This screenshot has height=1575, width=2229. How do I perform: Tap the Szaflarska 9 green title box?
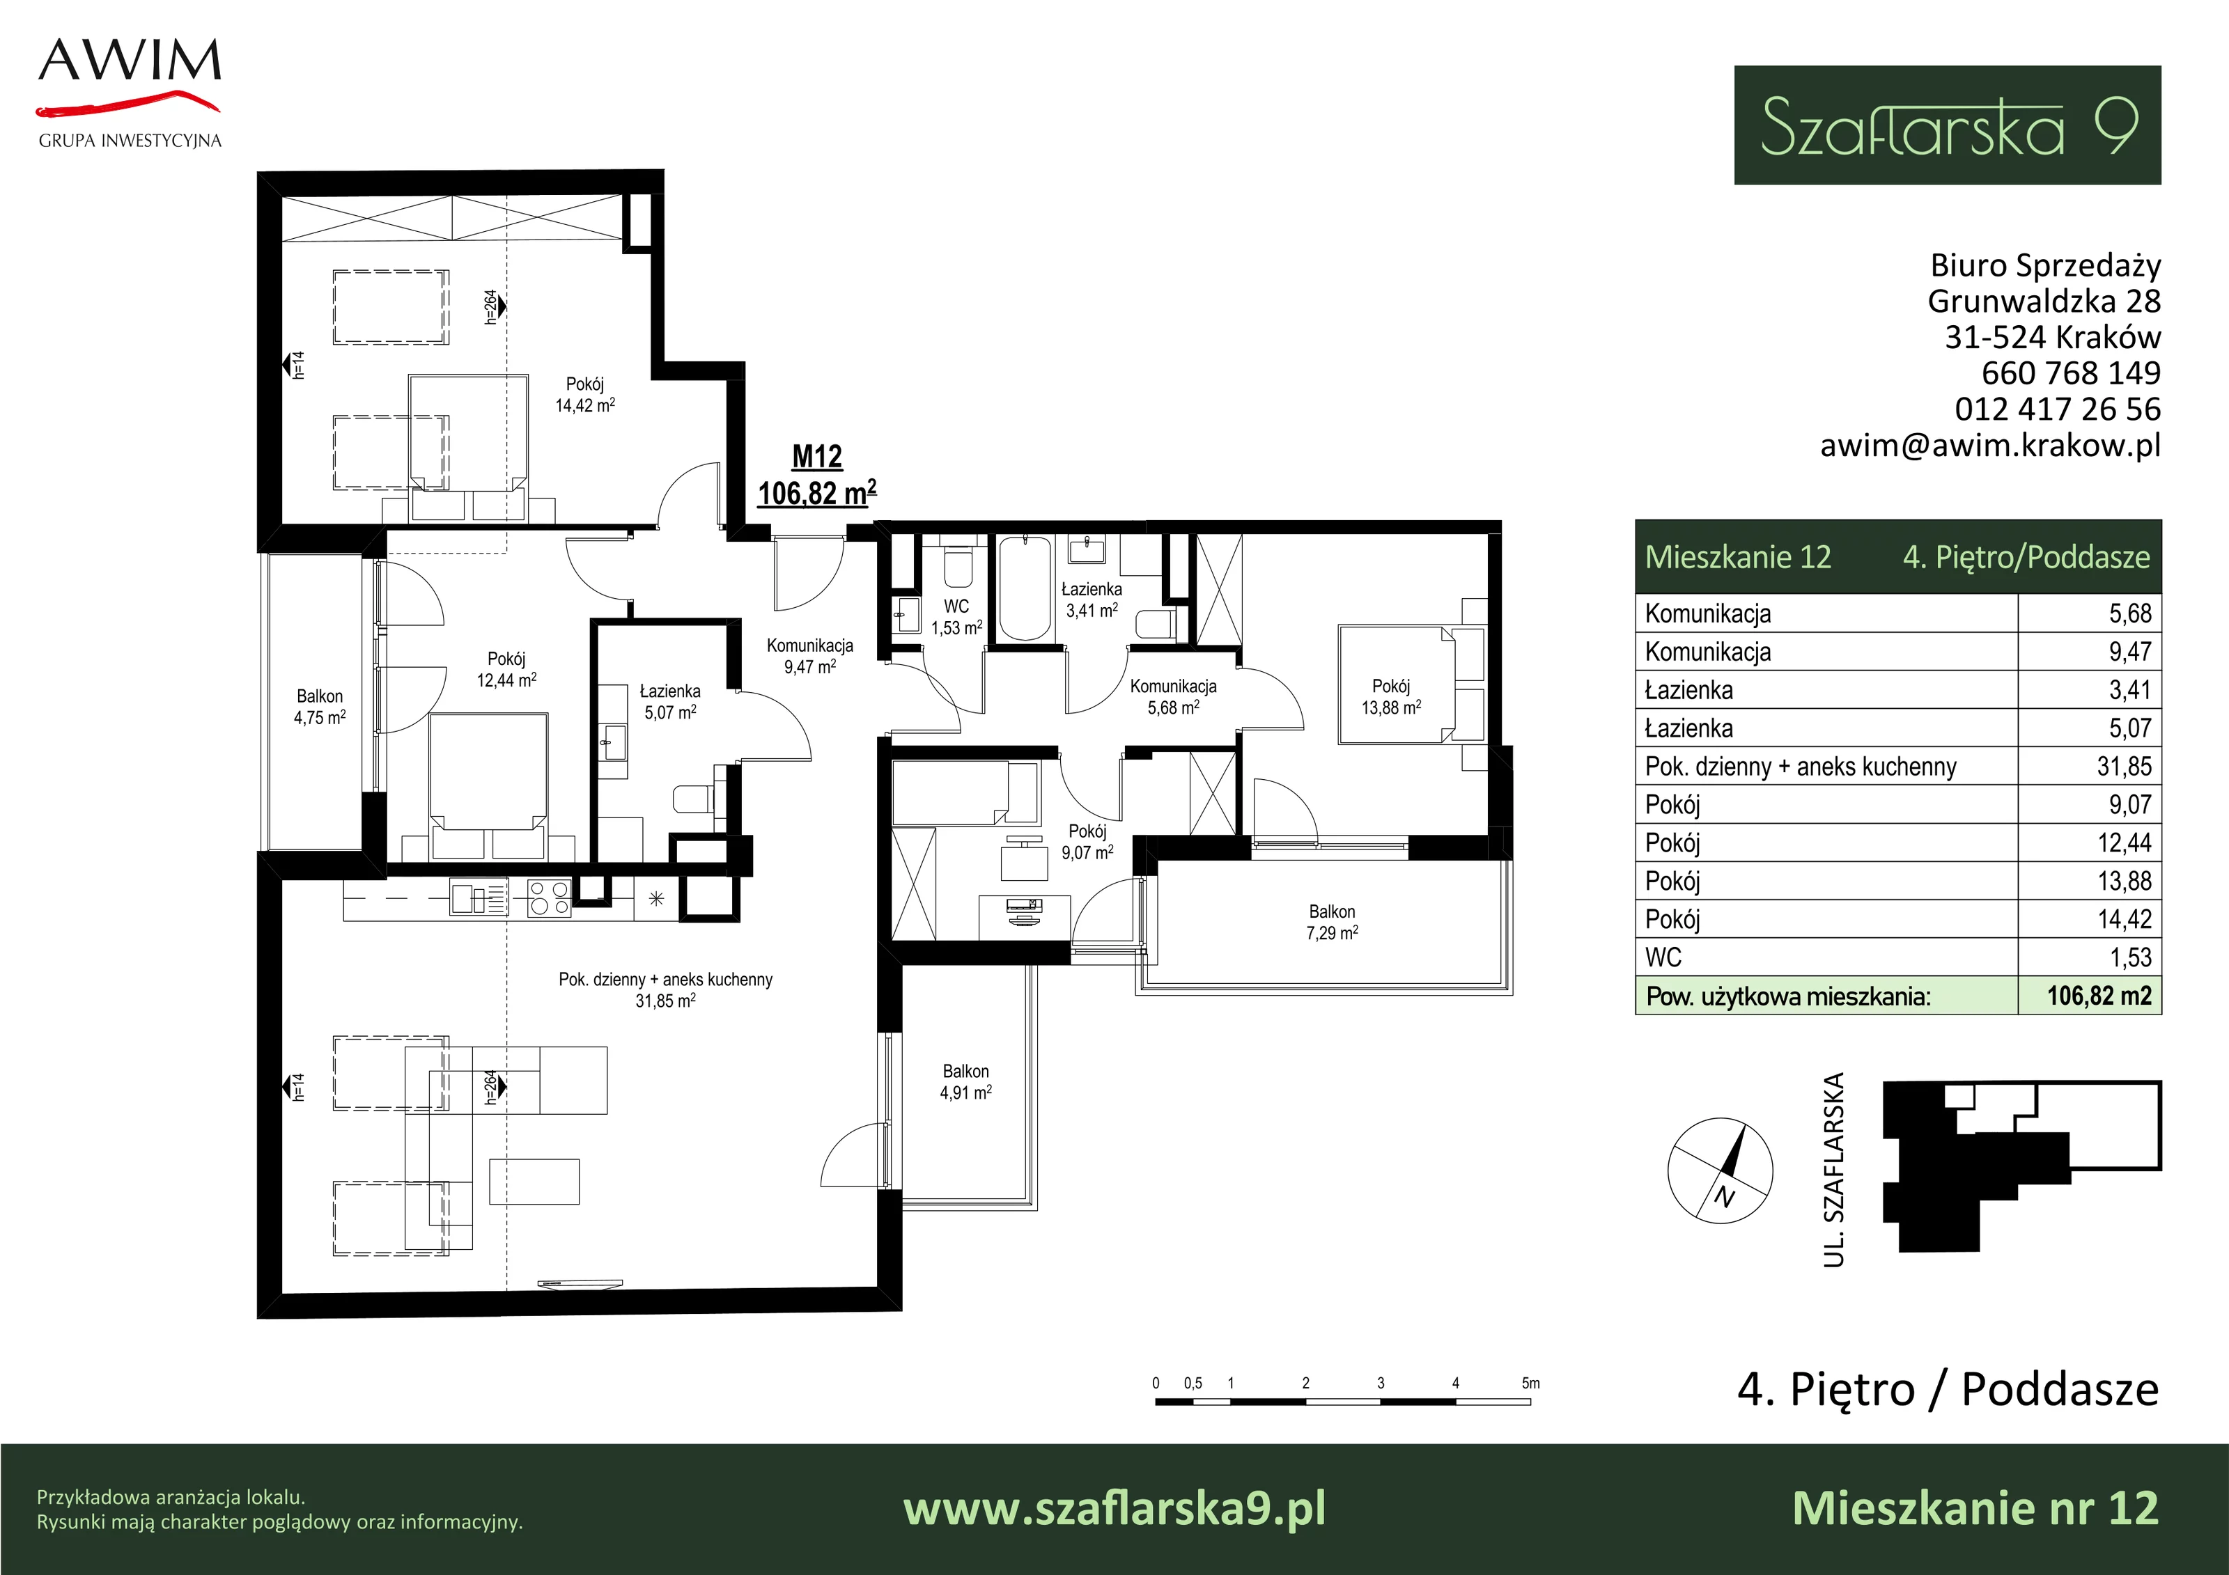point(1948,125)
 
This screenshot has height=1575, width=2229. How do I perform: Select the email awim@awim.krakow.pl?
point(1990,444)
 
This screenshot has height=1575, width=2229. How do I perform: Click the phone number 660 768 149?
point(2071,373)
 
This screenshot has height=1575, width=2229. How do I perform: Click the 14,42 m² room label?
point(584,406)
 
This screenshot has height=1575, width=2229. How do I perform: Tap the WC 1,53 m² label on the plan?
point(956,617)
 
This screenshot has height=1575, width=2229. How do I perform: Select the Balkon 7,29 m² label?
point(1332,922)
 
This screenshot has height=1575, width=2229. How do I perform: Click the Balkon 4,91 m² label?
point(966,1082)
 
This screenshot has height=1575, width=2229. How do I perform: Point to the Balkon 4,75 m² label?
point(320,707)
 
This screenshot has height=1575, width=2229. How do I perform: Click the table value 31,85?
point(2124,767)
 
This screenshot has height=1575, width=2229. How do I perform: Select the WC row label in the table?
point(1663,958)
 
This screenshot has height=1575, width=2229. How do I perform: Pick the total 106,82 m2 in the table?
point(2099,996)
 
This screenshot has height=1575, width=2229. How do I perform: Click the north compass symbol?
point(1719,1170)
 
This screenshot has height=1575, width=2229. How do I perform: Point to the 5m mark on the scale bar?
point(1530,1384)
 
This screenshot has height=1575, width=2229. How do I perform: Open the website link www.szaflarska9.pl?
point(1114,1509)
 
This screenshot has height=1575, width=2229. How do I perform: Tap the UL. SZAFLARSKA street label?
point(1833,1169)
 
